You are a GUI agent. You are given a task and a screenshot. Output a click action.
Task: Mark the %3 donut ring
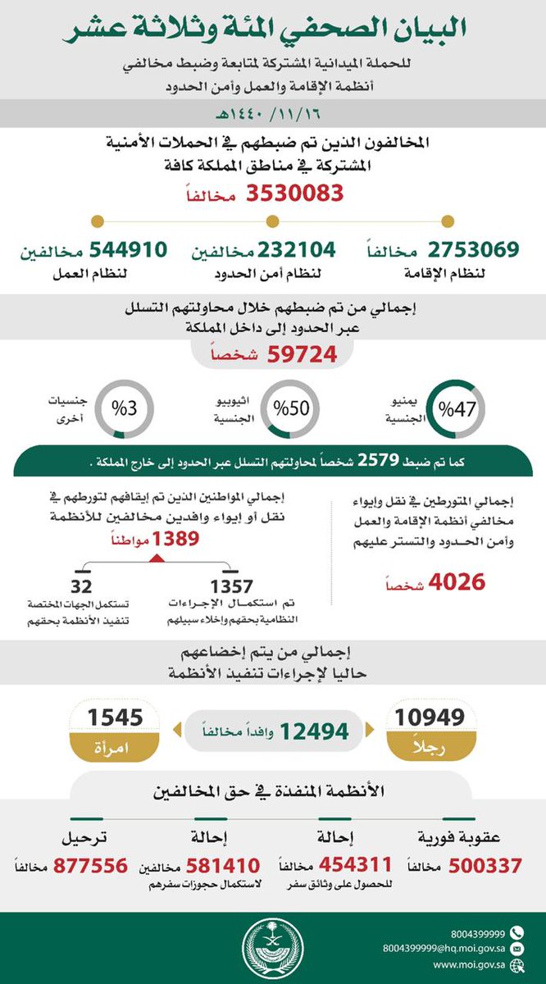(x=120, y=408)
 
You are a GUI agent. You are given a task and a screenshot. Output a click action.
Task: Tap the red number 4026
(x=453, y=582)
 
